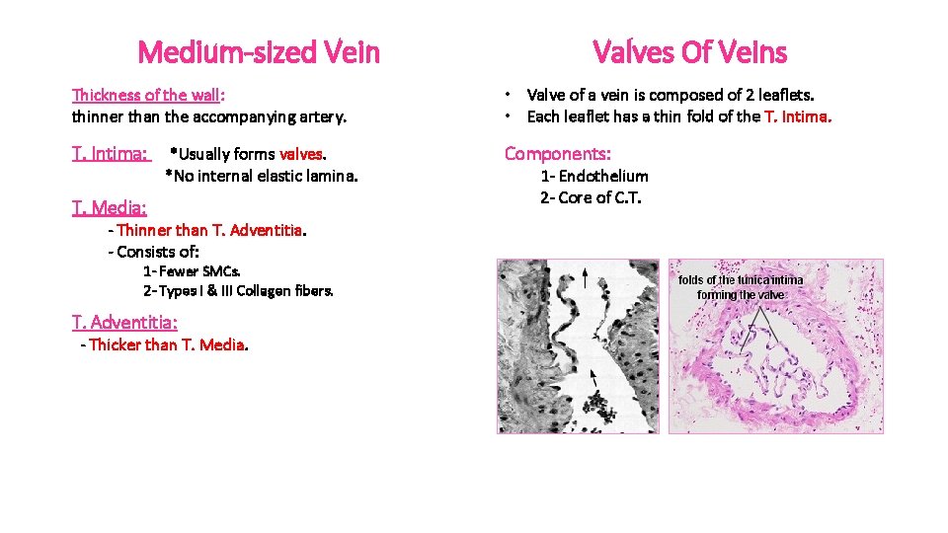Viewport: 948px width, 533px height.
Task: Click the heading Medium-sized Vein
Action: pos(259,51)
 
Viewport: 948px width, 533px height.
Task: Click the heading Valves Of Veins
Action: pos(689,51)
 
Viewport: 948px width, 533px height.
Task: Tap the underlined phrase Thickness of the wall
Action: pos(147,95)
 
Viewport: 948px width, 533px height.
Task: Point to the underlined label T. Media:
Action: pos(109,207)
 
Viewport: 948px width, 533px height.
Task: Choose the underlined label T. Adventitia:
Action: pos(124,322)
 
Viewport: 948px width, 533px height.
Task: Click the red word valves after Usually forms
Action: pos(301,154)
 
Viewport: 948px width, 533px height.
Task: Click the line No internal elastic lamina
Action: pos(262,177)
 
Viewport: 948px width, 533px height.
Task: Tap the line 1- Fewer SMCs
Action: pos(192,270)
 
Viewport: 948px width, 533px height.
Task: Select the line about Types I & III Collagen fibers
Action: pos(238,290)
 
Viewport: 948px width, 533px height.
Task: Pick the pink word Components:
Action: pos(558,154)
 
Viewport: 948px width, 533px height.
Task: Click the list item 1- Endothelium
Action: pos(593,176)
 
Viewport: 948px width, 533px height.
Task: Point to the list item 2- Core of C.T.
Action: pos(591,197)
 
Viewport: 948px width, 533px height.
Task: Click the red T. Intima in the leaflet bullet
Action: pos(798,116)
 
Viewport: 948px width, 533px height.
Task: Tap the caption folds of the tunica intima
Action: pos(741,280)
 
